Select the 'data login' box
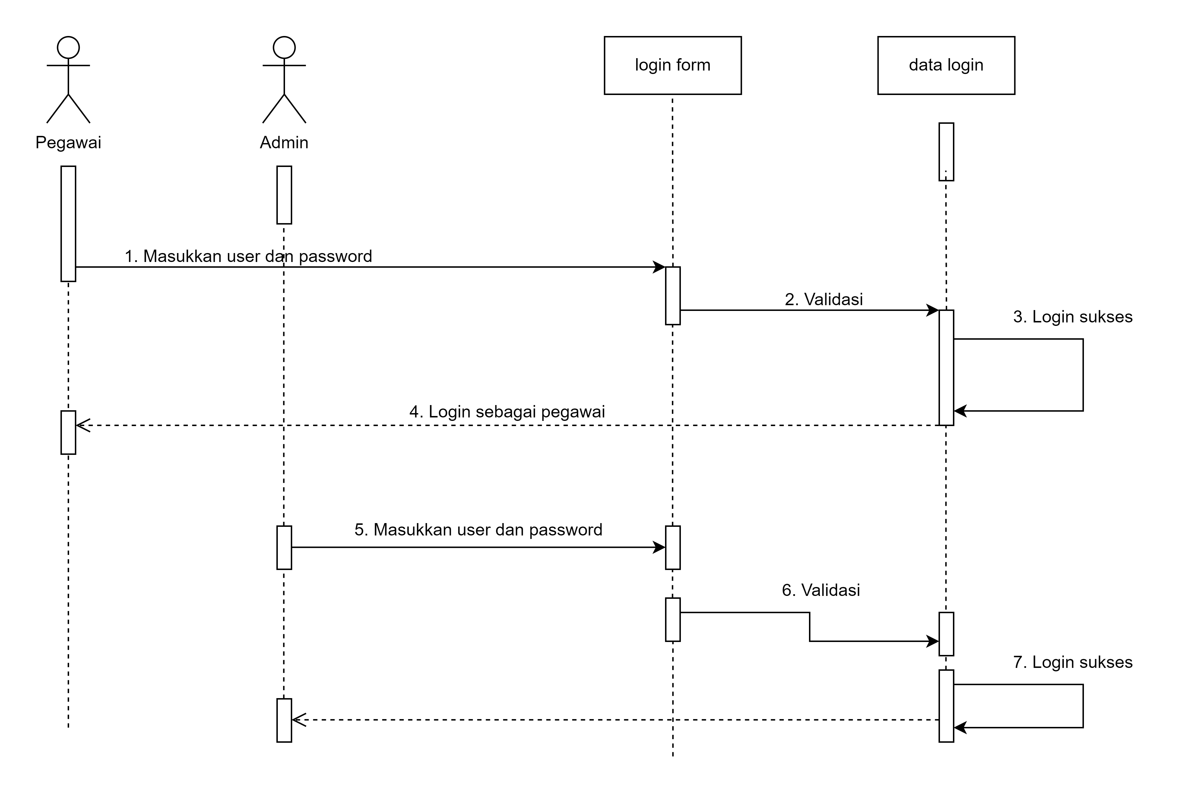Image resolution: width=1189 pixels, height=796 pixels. pyautogui.click(x=946, y=65)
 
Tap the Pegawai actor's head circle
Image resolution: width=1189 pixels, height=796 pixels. pyautogui.click(x=68, y=48)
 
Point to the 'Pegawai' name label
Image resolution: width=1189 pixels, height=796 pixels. pyautogui.click(x=68, y=143)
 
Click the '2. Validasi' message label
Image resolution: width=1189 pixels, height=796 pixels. pyautogui.click(x=823, y=299)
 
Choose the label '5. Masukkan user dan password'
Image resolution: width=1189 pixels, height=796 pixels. pyautogui.click(x=478, y=530)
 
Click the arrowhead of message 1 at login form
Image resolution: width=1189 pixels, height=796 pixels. pyautogui.click(x=660, y=267)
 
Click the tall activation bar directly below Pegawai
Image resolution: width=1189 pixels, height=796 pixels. pyautogui.click(x=68, y=223)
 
